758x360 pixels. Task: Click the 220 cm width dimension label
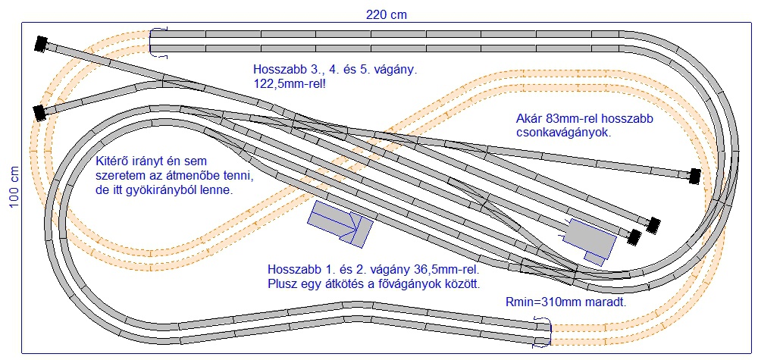point(387,14)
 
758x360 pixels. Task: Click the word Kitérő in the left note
point(111,161)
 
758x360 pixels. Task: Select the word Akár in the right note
point(528,118)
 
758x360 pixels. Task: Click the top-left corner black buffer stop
point(41,44)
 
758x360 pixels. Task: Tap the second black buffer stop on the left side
point(38,113)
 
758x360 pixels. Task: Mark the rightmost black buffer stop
point(695,176)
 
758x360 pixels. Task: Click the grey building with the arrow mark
point(340,221)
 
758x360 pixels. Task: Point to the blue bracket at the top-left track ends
point(158,43)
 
